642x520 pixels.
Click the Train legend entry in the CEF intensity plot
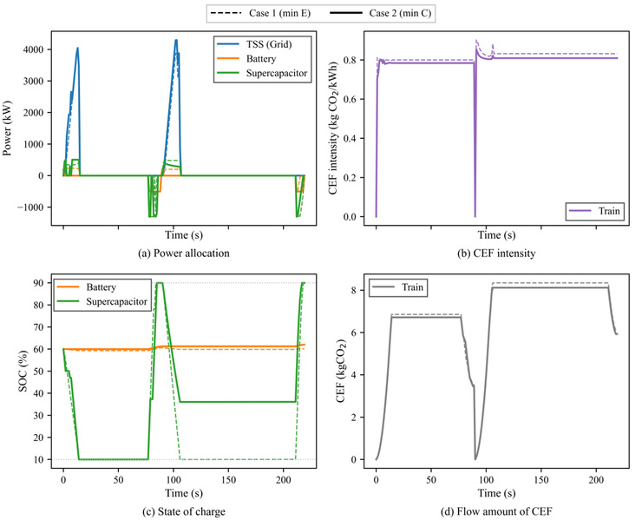(594, 209)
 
